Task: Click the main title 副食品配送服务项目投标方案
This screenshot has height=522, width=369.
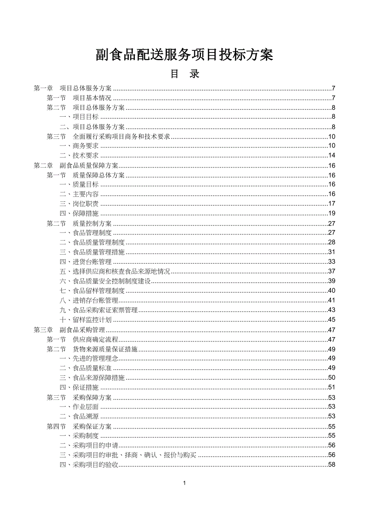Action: point(184,55)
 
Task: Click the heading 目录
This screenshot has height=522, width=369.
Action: point(184,75)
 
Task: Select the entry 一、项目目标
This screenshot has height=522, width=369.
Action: point(79,117)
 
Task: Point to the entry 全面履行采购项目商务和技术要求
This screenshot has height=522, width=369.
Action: point(121,137)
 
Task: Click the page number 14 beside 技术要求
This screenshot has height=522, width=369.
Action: point(332,156)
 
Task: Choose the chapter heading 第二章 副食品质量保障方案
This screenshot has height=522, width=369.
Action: point(76,166)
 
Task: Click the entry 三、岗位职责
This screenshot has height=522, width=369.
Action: point(79,204)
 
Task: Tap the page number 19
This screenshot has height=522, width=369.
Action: point(332,214)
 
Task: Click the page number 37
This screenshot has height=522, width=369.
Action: point(332,272)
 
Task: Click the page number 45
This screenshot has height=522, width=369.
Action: point(332,320)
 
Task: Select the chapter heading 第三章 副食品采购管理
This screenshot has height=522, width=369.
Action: point(69,330)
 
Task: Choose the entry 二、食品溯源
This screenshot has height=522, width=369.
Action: point(79,417)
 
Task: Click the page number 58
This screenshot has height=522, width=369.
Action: point(332,465)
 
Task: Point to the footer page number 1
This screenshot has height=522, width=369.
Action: point(184,483)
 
